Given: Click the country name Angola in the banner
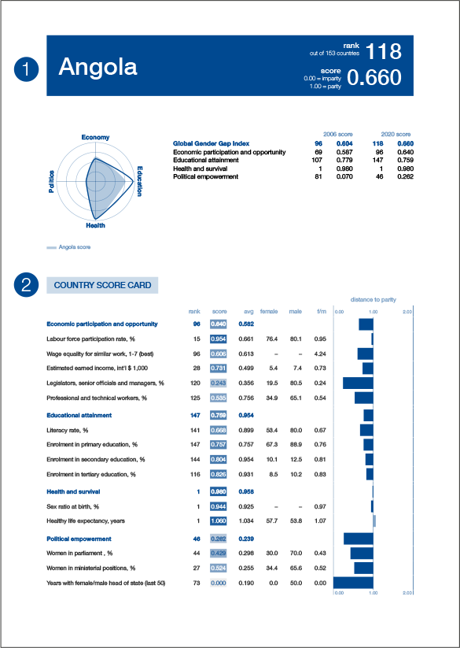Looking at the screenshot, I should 98,67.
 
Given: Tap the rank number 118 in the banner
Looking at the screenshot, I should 384,52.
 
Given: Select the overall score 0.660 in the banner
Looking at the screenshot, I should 374,77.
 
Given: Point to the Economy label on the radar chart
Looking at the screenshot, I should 95,138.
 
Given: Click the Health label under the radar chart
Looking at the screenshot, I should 95,226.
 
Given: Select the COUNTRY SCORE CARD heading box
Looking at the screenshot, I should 103,285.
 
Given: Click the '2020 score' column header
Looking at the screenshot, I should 396,135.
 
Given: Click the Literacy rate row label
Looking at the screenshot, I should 68,431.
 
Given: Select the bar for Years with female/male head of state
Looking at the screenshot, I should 353,583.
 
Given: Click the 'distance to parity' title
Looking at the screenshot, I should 373,300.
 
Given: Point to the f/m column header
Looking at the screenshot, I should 321,312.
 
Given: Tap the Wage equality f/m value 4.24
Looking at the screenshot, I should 320,354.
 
